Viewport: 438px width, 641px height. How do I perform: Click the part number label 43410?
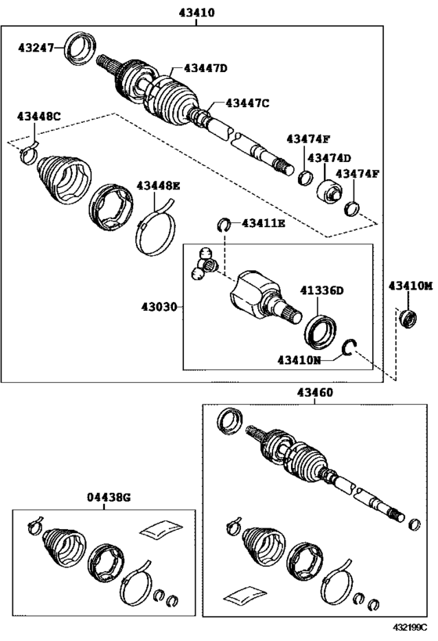coord(196,13)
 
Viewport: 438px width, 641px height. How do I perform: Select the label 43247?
coord(36,48)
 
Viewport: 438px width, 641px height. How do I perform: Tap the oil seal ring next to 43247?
coord(81,47)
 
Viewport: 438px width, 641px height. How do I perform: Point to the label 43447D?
coord(206,68)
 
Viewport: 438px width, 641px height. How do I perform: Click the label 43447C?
coord(248,103)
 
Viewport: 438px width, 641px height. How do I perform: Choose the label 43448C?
coord(39,116)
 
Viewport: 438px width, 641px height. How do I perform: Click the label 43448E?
coord(158,186)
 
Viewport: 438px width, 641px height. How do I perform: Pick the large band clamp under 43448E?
coord(155,229)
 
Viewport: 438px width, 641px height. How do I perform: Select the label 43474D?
coord(329,158)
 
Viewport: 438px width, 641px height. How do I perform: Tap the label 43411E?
coord(264,223)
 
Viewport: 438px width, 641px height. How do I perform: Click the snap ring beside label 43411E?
coord(224,224)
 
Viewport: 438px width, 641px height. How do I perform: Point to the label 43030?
coord(160,306)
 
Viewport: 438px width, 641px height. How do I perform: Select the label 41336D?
coord(322,290)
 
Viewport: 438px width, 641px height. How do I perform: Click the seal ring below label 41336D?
coord(321,332)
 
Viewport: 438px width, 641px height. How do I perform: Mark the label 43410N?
coord(300,360)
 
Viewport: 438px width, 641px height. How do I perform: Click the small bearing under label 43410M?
coord(409,319)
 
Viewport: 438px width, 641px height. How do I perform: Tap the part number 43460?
coord(315,392)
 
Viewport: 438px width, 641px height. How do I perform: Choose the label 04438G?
coord(109,498)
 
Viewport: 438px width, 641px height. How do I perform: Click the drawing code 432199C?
coord(410,627)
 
